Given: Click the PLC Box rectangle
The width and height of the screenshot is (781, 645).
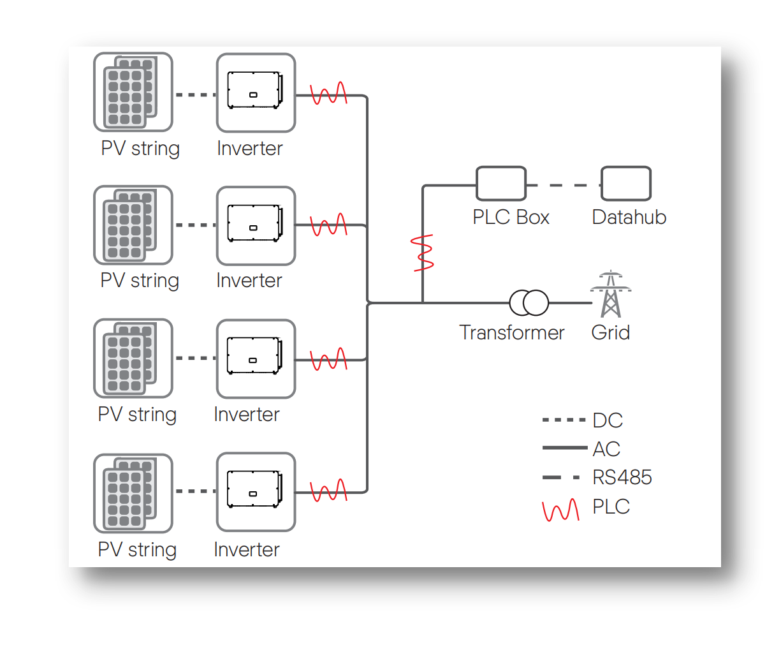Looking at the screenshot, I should click(x=501, y=184).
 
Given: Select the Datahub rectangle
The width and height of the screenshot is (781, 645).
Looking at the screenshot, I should click(x=626, y=184).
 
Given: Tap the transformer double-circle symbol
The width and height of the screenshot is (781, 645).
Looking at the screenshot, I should click(x=529, y=303).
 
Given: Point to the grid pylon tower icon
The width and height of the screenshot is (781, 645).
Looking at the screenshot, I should click(x=611, y=295).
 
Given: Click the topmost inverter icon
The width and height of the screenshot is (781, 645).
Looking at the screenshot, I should click(x=256, y=93).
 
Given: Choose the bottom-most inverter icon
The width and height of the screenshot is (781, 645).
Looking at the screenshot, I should click(x=256, y=492).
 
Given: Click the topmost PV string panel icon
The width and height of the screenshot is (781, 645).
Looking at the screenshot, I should click(x=133, y=93).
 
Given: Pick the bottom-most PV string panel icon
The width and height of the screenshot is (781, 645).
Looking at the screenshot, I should click(x=133, y=493).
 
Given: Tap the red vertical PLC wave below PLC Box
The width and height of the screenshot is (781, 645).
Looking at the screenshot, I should click(x=423, y=253).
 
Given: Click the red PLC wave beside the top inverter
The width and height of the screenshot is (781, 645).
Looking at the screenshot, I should click(x=328, y=94).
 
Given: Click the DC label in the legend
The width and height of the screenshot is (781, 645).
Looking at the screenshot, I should click(x=607, y=420).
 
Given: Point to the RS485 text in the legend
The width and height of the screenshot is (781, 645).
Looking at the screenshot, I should click(x=622, y=477).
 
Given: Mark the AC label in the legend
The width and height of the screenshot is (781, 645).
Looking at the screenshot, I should click(x=606, y=449).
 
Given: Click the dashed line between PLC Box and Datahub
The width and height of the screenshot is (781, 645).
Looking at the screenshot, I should click(x=564, y=185).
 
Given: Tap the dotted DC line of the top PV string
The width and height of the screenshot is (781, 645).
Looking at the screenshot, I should click(x=195, y=95).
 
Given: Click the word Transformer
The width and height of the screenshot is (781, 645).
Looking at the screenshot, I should click(x=511, y=332).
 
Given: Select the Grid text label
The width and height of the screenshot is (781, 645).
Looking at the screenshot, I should click(x=610, y=332).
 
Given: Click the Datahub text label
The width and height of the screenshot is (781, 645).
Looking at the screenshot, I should click(x=629, y=217).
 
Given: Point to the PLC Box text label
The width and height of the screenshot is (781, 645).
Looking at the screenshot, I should click(x=511, y=217).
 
